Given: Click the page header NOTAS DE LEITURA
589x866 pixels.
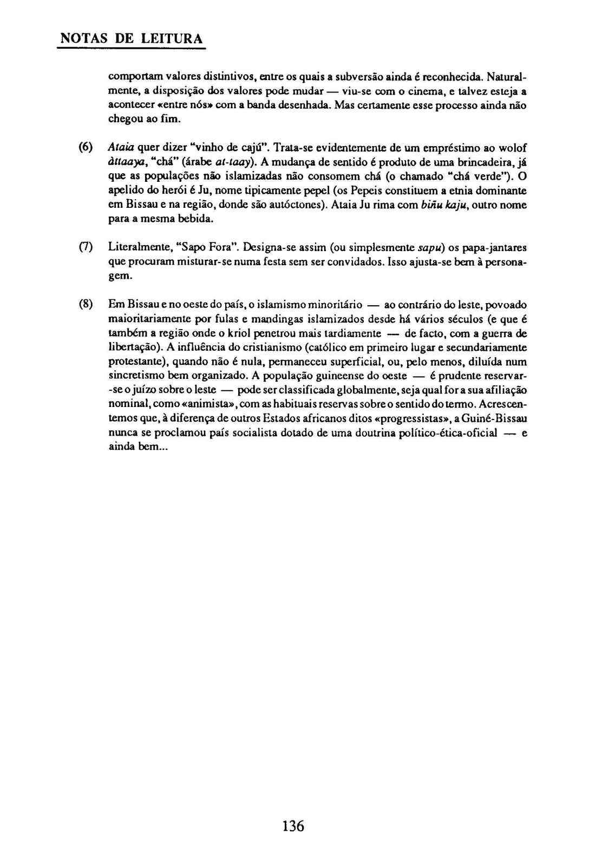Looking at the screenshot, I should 130,39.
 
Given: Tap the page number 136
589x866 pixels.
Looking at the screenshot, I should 293,826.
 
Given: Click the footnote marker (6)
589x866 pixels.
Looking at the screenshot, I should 86,148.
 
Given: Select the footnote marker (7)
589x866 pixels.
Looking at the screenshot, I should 86,247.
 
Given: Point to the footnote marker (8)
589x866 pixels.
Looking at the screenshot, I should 86,304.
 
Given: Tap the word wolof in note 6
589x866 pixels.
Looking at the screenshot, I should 512,148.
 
